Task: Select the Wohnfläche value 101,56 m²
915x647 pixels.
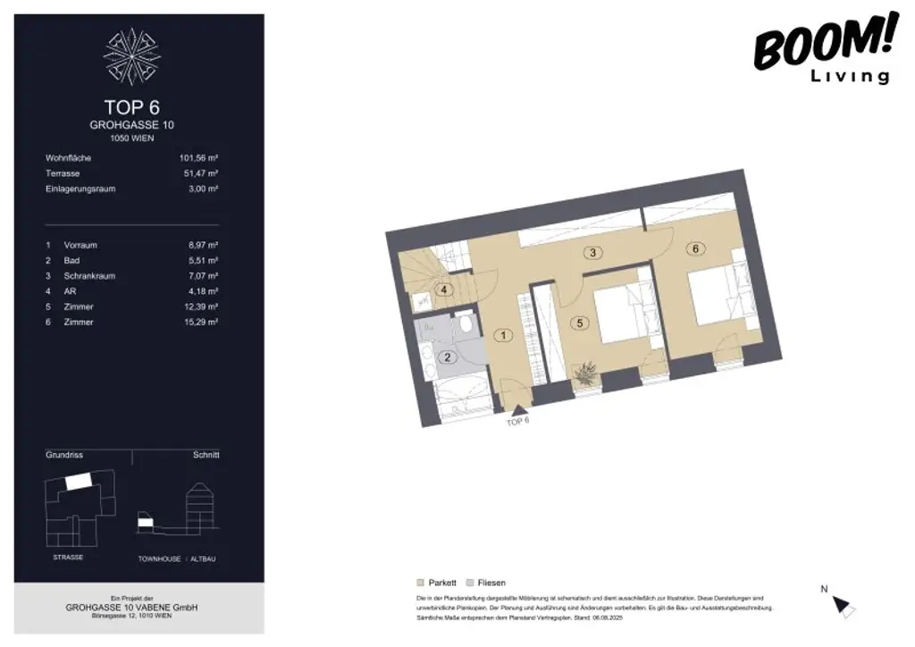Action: tap(199, 158)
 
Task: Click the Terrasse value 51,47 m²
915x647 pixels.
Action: tap(201, 173)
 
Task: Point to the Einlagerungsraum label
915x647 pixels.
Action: tap(80, 189)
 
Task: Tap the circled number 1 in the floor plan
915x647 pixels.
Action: tap(503, 336)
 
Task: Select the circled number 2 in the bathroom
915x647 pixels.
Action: tap(449, 357)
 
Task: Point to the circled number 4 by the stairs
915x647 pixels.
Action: tap(443, 289)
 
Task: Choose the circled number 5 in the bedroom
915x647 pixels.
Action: tap(581, 323)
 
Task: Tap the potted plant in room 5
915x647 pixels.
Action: tap(587, 374)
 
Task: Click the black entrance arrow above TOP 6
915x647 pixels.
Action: tap(517, 409)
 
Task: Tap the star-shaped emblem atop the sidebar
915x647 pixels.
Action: tap(132, 56)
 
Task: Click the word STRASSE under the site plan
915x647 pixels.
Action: tap(68, 558)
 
